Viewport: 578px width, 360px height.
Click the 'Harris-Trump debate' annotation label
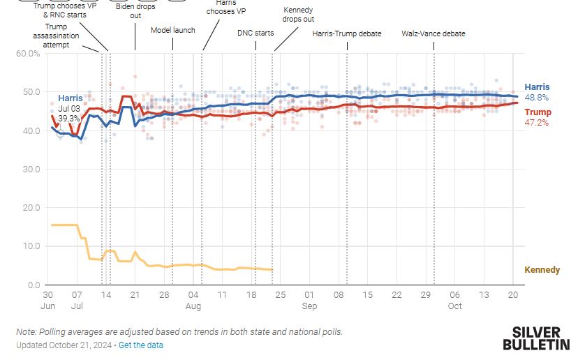point(347,33)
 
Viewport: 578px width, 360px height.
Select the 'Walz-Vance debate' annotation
point(433,33)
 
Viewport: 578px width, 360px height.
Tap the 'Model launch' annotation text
point(173,30)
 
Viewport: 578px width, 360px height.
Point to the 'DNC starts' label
point(255,33)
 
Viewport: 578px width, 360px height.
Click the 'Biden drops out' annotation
point(135,11)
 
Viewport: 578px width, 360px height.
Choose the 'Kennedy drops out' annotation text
point(298,15)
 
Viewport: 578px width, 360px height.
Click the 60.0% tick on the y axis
point(29,54)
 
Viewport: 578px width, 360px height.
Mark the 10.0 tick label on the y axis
point(31,246)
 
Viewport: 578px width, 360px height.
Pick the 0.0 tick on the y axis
point(34,285)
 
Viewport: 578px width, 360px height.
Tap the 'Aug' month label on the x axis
point(193,306)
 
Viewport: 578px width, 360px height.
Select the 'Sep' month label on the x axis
point(309,306)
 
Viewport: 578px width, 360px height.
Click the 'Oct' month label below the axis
point(454,306)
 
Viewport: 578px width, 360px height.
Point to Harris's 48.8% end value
point(536,98)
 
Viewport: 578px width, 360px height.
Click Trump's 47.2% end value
point(536,123)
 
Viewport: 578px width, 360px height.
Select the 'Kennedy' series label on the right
point(542,270)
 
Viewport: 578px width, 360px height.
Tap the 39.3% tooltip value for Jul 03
point(69,119)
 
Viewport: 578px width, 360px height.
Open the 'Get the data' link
point(141,345)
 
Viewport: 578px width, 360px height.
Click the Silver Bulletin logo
point(535,338)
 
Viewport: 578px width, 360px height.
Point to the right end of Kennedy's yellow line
point(272,270)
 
